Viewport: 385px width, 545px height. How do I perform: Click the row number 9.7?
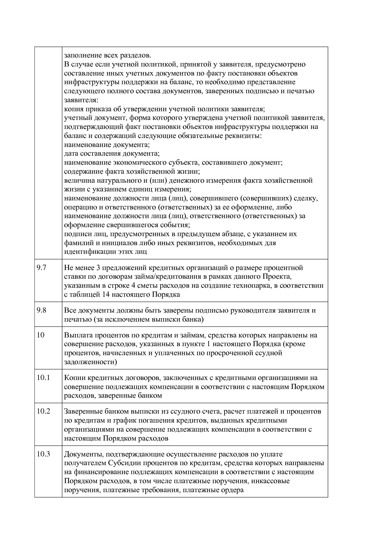point(41,268)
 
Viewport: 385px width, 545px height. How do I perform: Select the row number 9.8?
point(41,310)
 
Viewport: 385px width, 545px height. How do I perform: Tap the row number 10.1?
point(43,378)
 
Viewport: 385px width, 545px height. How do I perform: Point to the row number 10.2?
point(43,411)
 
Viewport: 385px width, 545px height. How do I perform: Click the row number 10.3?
point(43,454)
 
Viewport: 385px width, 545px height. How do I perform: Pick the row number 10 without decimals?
point(40,335)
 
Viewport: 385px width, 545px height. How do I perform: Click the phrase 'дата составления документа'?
point(111,154)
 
